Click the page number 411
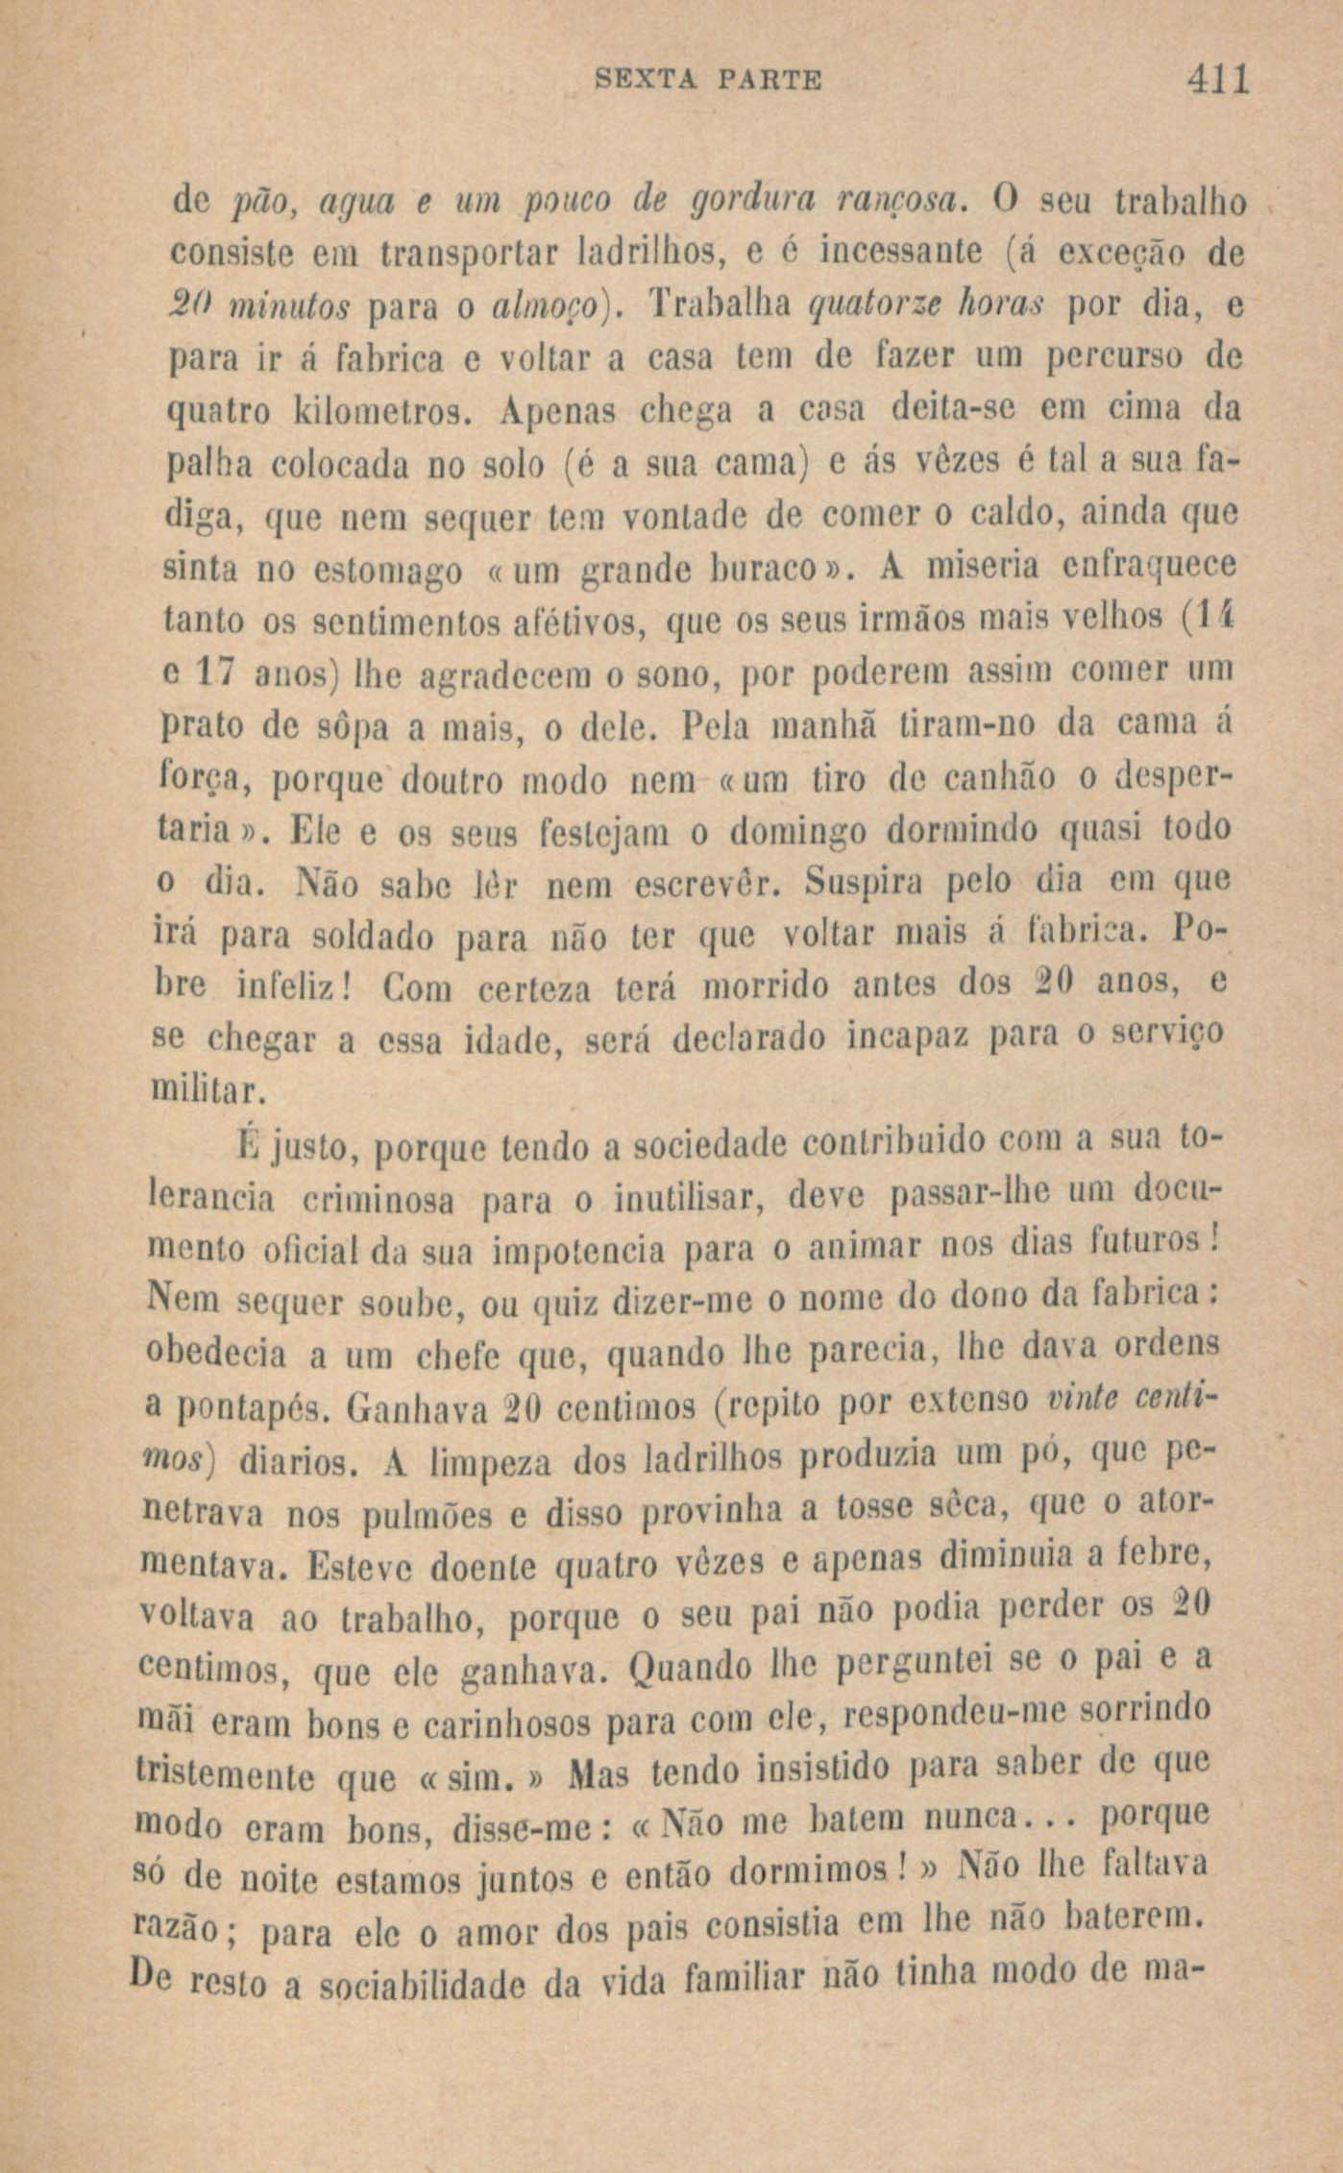pos(1216,79)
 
